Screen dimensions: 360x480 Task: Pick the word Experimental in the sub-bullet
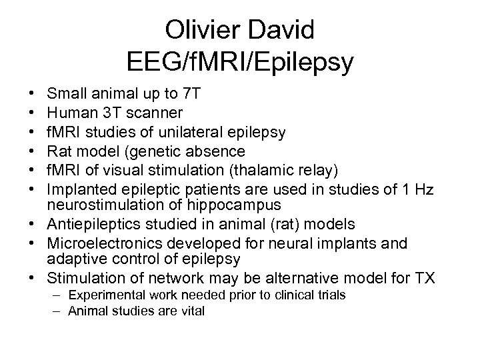click(108, 294)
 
